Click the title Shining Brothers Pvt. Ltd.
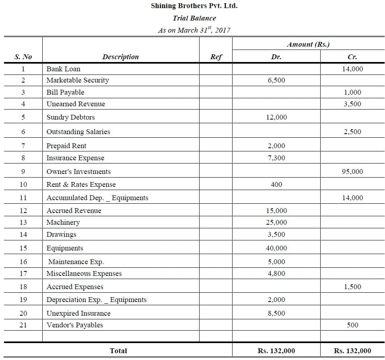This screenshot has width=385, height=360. tap(194, 6)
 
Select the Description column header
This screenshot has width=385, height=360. tap(120, 57)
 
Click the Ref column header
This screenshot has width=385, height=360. tap(216, 57)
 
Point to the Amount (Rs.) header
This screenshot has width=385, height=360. tap(308, 44)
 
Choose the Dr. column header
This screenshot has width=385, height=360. tap(276, 57)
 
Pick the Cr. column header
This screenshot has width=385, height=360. tap(352, 57)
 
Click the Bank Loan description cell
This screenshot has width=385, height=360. tap(63, 69)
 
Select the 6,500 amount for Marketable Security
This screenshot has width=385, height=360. tap(276, 80)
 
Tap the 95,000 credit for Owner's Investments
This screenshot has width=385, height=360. tap(352, 172)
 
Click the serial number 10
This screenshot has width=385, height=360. tap(23, 184)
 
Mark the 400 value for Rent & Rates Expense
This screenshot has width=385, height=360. tap(276, 184)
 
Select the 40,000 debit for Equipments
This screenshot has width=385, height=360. tap(276, 248)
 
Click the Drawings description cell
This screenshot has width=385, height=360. tap(61, 234)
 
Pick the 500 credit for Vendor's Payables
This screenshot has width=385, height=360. tap(352, 325)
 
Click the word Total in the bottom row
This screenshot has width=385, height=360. tap(118, 351)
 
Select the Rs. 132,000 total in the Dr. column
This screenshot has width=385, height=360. tap(276, 351)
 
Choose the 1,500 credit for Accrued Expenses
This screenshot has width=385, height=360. tap(352, 287)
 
